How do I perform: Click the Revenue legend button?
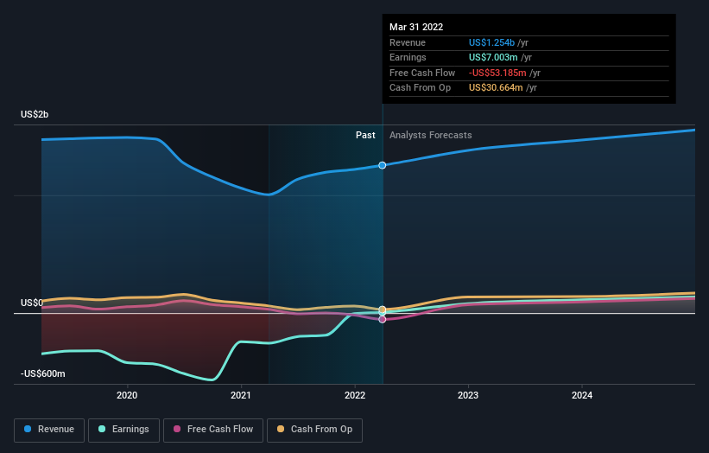50,429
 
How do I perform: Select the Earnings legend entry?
123,429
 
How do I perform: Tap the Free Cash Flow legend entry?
212,429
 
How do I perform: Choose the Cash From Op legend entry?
316,429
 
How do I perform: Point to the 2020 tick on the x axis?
127,396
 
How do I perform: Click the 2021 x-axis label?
241,396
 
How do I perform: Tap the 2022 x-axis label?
355,396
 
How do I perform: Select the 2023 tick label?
468,396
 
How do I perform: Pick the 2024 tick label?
582,396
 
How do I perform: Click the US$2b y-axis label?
35,115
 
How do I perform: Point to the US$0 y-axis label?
32,303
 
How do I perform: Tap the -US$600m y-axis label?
42,373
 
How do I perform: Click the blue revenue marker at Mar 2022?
383,165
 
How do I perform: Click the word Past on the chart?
365,135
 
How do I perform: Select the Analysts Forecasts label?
430,135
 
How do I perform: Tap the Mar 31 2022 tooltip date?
416,27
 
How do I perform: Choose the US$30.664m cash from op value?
497,87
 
